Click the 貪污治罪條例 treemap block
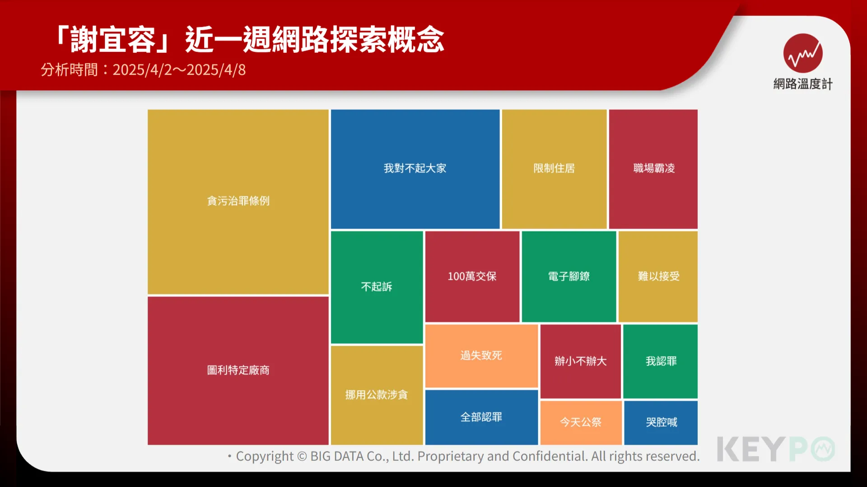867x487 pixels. click(x=238, y=202)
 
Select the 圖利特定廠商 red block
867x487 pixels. click(x=238, y=370)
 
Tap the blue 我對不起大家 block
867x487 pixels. click(x=415, y=169)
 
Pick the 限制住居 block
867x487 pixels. click(x=554, y=169)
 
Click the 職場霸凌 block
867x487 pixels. click(x=653, y=169)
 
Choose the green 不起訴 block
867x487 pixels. click(x=377, y=287)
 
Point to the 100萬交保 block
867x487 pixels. click(x=472, y=276)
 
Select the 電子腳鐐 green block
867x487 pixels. click(x=569, y=276)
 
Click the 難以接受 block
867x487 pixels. click(x=658, y=276)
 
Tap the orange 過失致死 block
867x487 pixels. click(x=481, y=356)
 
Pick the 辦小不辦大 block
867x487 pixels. click(x=581, y=361)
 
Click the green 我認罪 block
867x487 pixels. click(x=661, y=361)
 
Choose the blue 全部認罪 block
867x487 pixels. click(x=481, y=417)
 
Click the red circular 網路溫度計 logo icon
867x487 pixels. click(x=803, y=53)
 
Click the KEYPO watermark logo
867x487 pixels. click(x=776, y=449)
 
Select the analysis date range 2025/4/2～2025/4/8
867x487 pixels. click(x=179, y=70)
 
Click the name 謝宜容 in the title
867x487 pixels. click(x=112, y=40)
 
